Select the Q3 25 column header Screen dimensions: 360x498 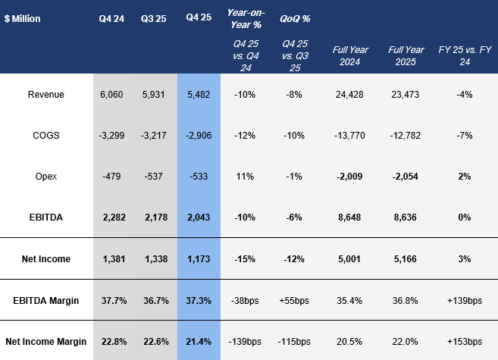click(155, 18)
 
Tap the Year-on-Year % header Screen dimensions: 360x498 click(243, 18)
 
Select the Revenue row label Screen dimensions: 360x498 click(45, 95)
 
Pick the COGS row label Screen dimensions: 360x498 click(45, 136)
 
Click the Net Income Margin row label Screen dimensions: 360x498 click(45, 341)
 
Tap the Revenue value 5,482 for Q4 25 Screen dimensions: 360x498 click(199, 95)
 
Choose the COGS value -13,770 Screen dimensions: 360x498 click(351, 136)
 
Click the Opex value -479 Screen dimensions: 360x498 click(111, 177)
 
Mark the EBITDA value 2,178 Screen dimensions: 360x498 click(155, 218)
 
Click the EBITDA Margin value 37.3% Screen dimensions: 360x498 click(199, 301)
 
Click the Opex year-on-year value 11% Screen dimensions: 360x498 click(243, 177)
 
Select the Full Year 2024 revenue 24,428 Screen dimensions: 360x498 click(351, 95)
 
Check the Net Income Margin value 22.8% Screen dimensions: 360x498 click(111, 341)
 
